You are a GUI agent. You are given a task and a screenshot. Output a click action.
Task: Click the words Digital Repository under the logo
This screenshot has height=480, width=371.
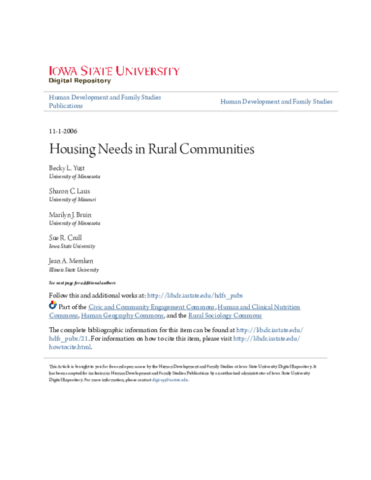click(x=80, y=81)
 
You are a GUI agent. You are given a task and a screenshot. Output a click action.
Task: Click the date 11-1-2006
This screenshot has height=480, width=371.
click(x=62, y=131)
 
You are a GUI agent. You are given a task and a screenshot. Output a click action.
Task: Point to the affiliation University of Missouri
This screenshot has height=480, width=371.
click(x=72, y=200)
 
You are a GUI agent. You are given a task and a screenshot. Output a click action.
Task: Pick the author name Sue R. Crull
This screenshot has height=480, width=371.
click(x=66, y=238)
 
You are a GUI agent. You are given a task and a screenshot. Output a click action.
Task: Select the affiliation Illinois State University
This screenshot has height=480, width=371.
click(x=74, y=270)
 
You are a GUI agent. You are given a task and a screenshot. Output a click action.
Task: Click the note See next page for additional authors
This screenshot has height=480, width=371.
click(x=83, y=282)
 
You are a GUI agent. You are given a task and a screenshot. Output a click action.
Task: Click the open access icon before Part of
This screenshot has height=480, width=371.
click(x=53, y=306)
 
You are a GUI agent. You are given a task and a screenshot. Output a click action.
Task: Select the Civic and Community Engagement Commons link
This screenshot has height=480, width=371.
click(x=151, y=307)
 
